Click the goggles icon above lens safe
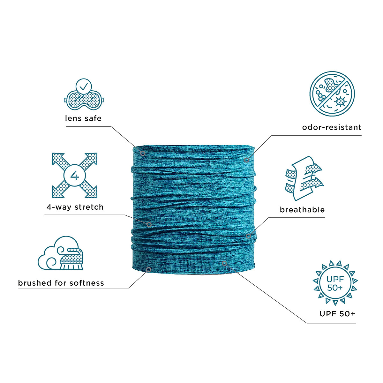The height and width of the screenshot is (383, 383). click(84, 100)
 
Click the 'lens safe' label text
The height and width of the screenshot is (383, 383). click(83, 118)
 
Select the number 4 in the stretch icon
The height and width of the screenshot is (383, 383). click(75, 176)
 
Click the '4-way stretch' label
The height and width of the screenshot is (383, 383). click(75, 207)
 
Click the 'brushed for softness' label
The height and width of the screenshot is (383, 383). click(61, 283)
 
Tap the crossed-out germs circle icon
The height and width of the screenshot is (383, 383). click(332, 94)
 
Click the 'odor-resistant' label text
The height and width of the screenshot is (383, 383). click(332, 127)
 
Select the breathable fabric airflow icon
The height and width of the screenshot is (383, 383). click(304, 178)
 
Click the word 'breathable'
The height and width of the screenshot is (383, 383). click(302, 210)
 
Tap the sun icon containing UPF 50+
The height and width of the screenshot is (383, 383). click(335, 283)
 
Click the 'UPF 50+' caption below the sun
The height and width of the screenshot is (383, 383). click(337, 313)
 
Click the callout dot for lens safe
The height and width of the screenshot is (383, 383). click(143, 154)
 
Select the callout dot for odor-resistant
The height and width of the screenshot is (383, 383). click(246, 160)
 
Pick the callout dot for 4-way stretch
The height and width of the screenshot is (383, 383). click(149, 225)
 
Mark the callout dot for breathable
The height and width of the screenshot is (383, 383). click(248, 236)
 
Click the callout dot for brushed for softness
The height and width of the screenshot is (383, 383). click(148, 270)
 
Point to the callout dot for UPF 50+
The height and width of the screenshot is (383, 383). click(224, 263)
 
